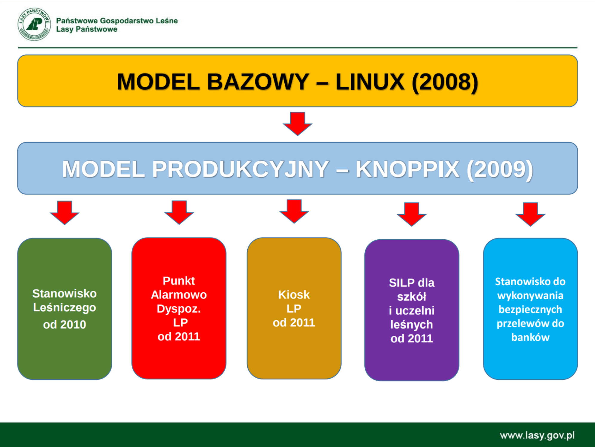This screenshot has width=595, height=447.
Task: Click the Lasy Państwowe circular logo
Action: pos(34,24)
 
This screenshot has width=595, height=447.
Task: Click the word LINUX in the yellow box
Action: pos(370,82)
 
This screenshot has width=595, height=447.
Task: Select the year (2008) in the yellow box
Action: pos(445,82)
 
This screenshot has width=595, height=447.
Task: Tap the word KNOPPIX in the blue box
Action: pos(407,169)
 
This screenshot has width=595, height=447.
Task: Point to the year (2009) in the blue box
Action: pos(500,170)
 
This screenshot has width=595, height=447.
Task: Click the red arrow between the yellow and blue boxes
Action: pos(297,124)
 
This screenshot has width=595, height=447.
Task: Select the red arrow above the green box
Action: pos(65,212)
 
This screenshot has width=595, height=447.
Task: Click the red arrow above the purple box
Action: pos(412,214)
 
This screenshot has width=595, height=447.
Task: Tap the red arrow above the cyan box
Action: pos(530,214)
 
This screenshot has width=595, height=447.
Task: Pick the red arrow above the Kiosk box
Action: pos(294,211)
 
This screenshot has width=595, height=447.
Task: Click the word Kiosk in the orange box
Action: pos(294,295)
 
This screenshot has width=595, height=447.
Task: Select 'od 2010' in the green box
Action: pos(65,324)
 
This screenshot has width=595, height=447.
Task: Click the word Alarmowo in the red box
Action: pos(179,295)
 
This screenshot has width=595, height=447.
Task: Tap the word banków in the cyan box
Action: pos(530,337)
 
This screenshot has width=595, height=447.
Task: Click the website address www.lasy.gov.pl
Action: pos(537,435)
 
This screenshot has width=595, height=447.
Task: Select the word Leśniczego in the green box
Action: pos(65,308)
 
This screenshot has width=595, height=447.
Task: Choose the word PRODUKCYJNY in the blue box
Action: pos(240,169)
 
